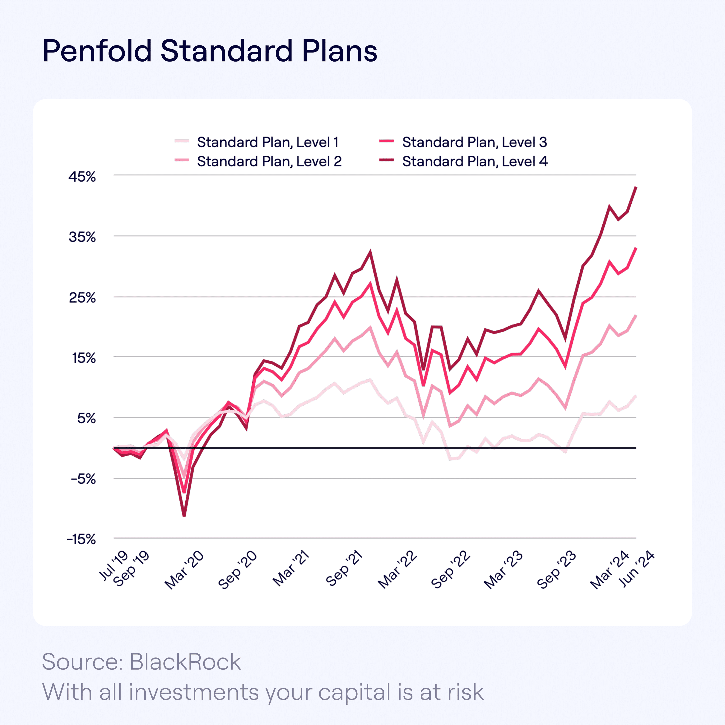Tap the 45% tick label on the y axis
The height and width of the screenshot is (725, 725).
(82, 177)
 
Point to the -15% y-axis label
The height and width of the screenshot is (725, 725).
(81, 540)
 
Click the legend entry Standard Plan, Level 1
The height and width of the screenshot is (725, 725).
(268, 142)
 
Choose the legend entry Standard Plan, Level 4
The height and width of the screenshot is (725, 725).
(475, 161)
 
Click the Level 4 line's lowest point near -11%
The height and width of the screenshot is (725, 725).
(184, 516)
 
